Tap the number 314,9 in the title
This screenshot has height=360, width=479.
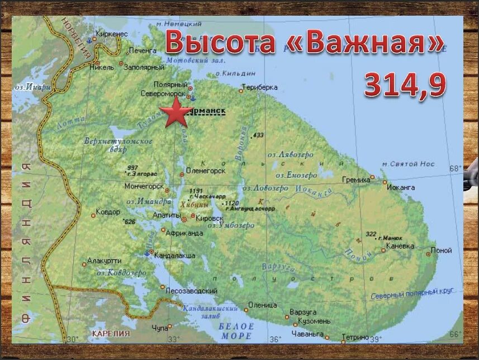click(x=405, y=86)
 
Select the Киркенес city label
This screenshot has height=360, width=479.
click(x=112, y=34)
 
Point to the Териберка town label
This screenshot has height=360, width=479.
click(x=259, y=88)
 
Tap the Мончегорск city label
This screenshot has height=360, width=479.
click(x=144, y=186)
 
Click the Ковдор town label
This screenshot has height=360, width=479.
click(x=108, y=212)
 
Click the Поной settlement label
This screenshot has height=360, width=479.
click(x=442, y=250)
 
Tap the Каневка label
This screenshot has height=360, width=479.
click(x=400, y=246)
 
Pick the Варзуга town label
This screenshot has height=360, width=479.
click(x=303, y=312)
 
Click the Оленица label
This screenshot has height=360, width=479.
click(x=263, y=305)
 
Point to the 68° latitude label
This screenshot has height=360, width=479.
click(x=457, y=168)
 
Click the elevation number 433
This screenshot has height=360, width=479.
click(x=258, y=136)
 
